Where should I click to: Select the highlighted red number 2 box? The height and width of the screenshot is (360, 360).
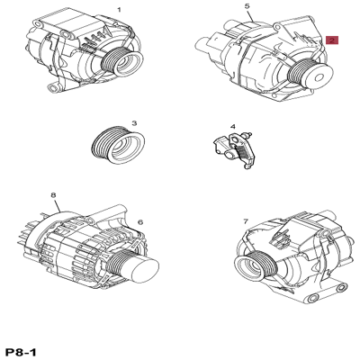point(331,40)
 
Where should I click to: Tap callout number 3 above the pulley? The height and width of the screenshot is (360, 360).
point(133,123)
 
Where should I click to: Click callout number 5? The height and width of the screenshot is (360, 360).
point(247,6)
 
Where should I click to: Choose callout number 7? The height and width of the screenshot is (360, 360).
point(245,220)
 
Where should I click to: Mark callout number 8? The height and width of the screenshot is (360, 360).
point(53,194)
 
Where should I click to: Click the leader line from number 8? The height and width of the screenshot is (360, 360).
point(57,205)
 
